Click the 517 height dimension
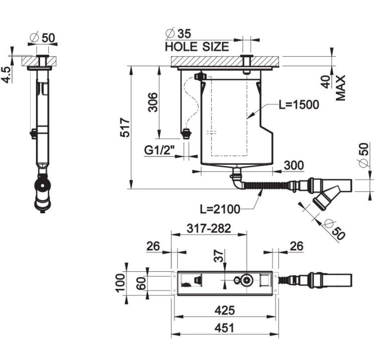pos(125,127)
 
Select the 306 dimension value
pos(153,102)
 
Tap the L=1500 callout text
pos(299,105)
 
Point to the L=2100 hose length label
pos(220,209)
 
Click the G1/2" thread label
pos(159,151)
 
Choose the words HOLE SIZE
pos(197,47)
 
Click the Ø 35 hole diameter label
pos(178,34)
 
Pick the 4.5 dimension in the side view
pos(6,75)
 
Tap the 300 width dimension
pos(294,165)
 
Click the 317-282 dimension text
pos(209,228)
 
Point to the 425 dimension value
pos(225,310)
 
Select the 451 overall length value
pos(225,328)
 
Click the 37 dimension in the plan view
pos(219,255)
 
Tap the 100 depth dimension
pos(120,283)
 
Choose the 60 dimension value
pos(141,283)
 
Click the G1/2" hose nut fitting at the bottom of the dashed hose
pos(186,134)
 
